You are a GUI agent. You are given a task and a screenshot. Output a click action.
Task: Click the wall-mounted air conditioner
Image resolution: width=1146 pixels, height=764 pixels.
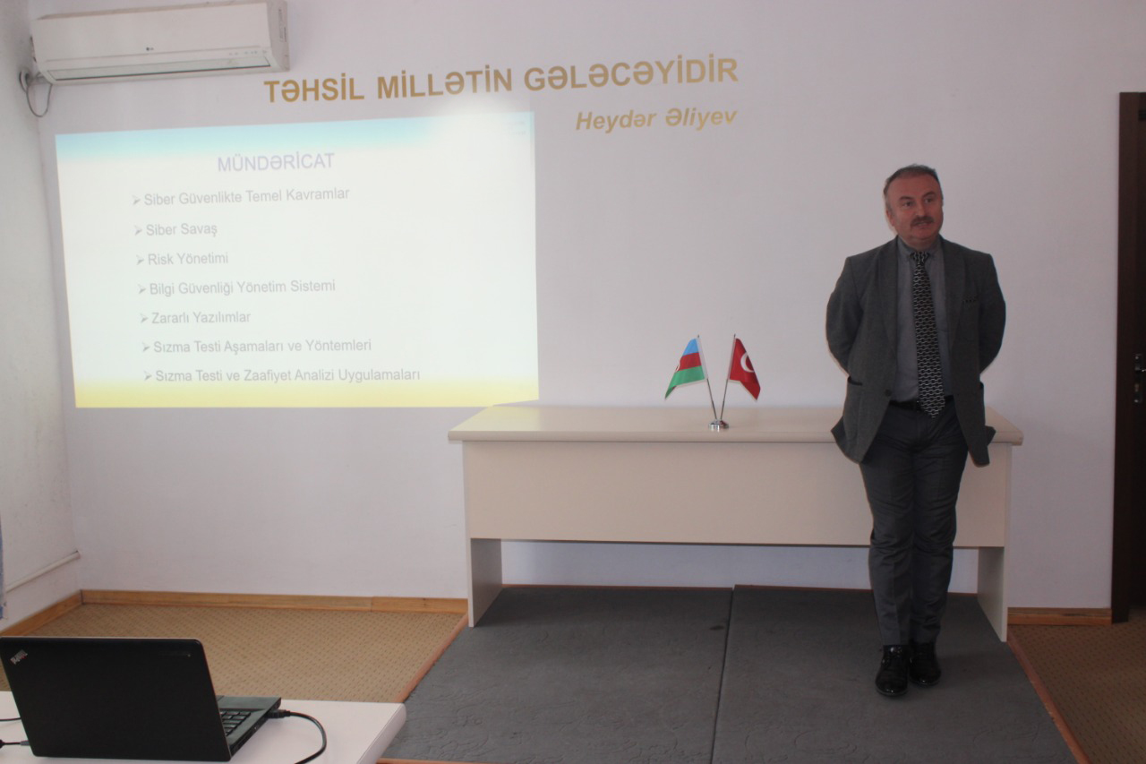tap(160, 41)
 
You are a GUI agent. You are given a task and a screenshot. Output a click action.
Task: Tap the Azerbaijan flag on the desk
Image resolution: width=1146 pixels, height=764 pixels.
tap(687, 367)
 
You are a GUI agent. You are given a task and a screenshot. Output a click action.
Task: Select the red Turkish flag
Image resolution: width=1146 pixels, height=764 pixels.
tap(744, 367)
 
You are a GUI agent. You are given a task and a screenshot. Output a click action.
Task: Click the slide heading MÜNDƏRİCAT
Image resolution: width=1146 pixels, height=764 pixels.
tap(276, 162)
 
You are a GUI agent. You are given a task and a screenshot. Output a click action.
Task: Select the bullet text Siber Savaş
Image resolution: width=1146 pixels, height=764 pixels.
tap(181, 229)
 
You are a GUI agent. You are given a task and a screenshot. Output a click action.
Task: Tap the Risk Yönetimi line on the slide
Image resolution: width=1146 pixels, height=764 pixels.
tap(187, 259)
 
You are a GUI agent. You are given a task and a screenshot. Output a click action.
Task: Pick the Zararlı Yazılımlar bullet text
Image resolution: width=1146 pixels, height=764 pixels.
tap(201, 318)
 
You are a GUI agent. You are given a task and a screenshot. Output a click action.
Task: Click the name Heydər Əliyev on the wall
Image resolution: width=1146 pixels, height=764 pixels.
tap(656, 120)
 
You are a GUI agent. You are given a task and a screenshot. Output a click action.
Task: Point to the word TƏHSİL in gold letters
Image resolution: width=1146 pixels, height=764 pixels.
tap(313, 90)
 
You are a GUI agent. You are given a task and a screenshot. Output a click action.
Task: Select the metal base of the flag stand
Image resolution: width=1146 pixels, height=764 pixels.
tap(718, 425)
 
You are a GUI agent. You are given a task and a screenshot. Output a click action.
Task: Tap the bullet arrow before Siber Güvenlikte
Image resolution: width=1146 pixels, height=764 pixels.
tap(136, 200)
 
